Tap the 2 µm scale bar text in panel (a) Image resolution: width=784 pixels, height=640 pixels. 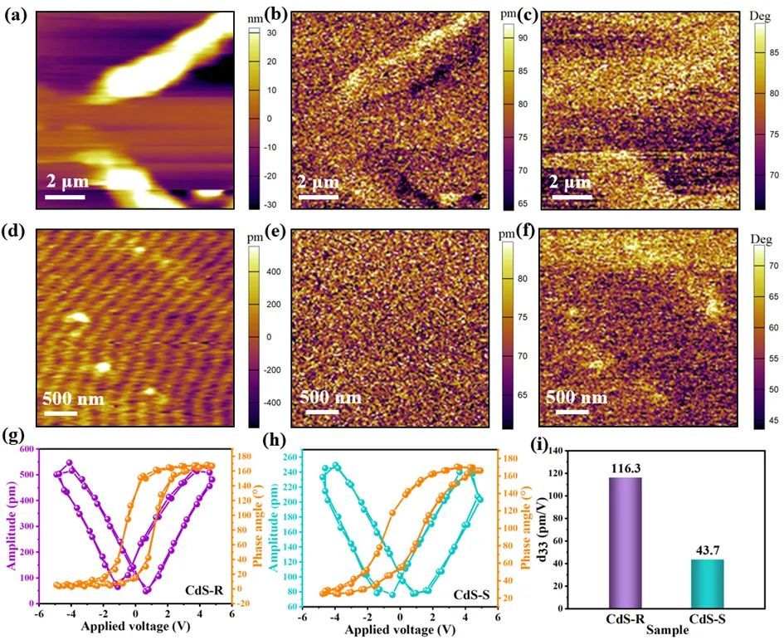click(66, 180)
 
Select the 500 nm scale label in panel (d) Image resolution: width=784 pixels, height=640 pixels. click(74, 399)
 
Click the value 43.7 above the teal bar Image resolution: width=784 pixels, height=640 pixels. click(704, 550)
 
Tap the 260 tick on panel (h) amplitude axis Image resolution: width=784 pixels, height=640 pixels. click(290, 457)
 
